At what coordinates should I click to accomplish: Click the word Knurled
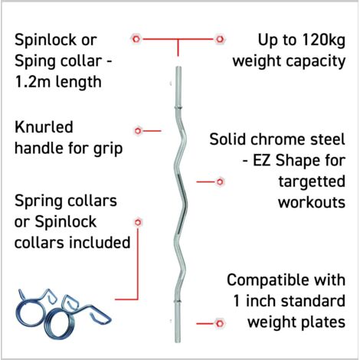[x=44, y=127]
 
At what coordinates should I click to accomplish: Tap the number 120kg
[x=323, y=41]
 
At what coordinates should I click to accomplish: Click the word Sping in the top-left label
[x=32, y=62]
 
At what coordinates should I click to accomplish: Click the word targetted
[x=312, y=182]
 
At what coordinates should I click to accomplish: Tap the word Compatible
[x=267, y=280]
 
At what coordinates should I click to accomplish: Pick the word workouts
[x=312, y=202]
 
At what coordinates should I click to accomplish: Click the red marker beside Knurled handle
[x=138, y=131]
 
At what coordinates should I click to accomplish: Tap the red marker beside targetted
[x=220, y=182]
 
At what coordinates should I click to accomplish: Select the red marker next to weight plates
[x=220, y=323]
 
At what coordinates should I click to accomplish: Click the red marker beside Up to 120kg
[x=220, y=39]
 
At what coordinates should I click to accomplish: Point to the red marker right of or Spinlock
[x=138, y=222]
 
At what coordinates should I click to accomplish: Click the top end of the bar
[x=178, y=67]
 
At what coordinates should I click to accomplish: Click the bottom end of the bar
[x=178, y=342]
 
